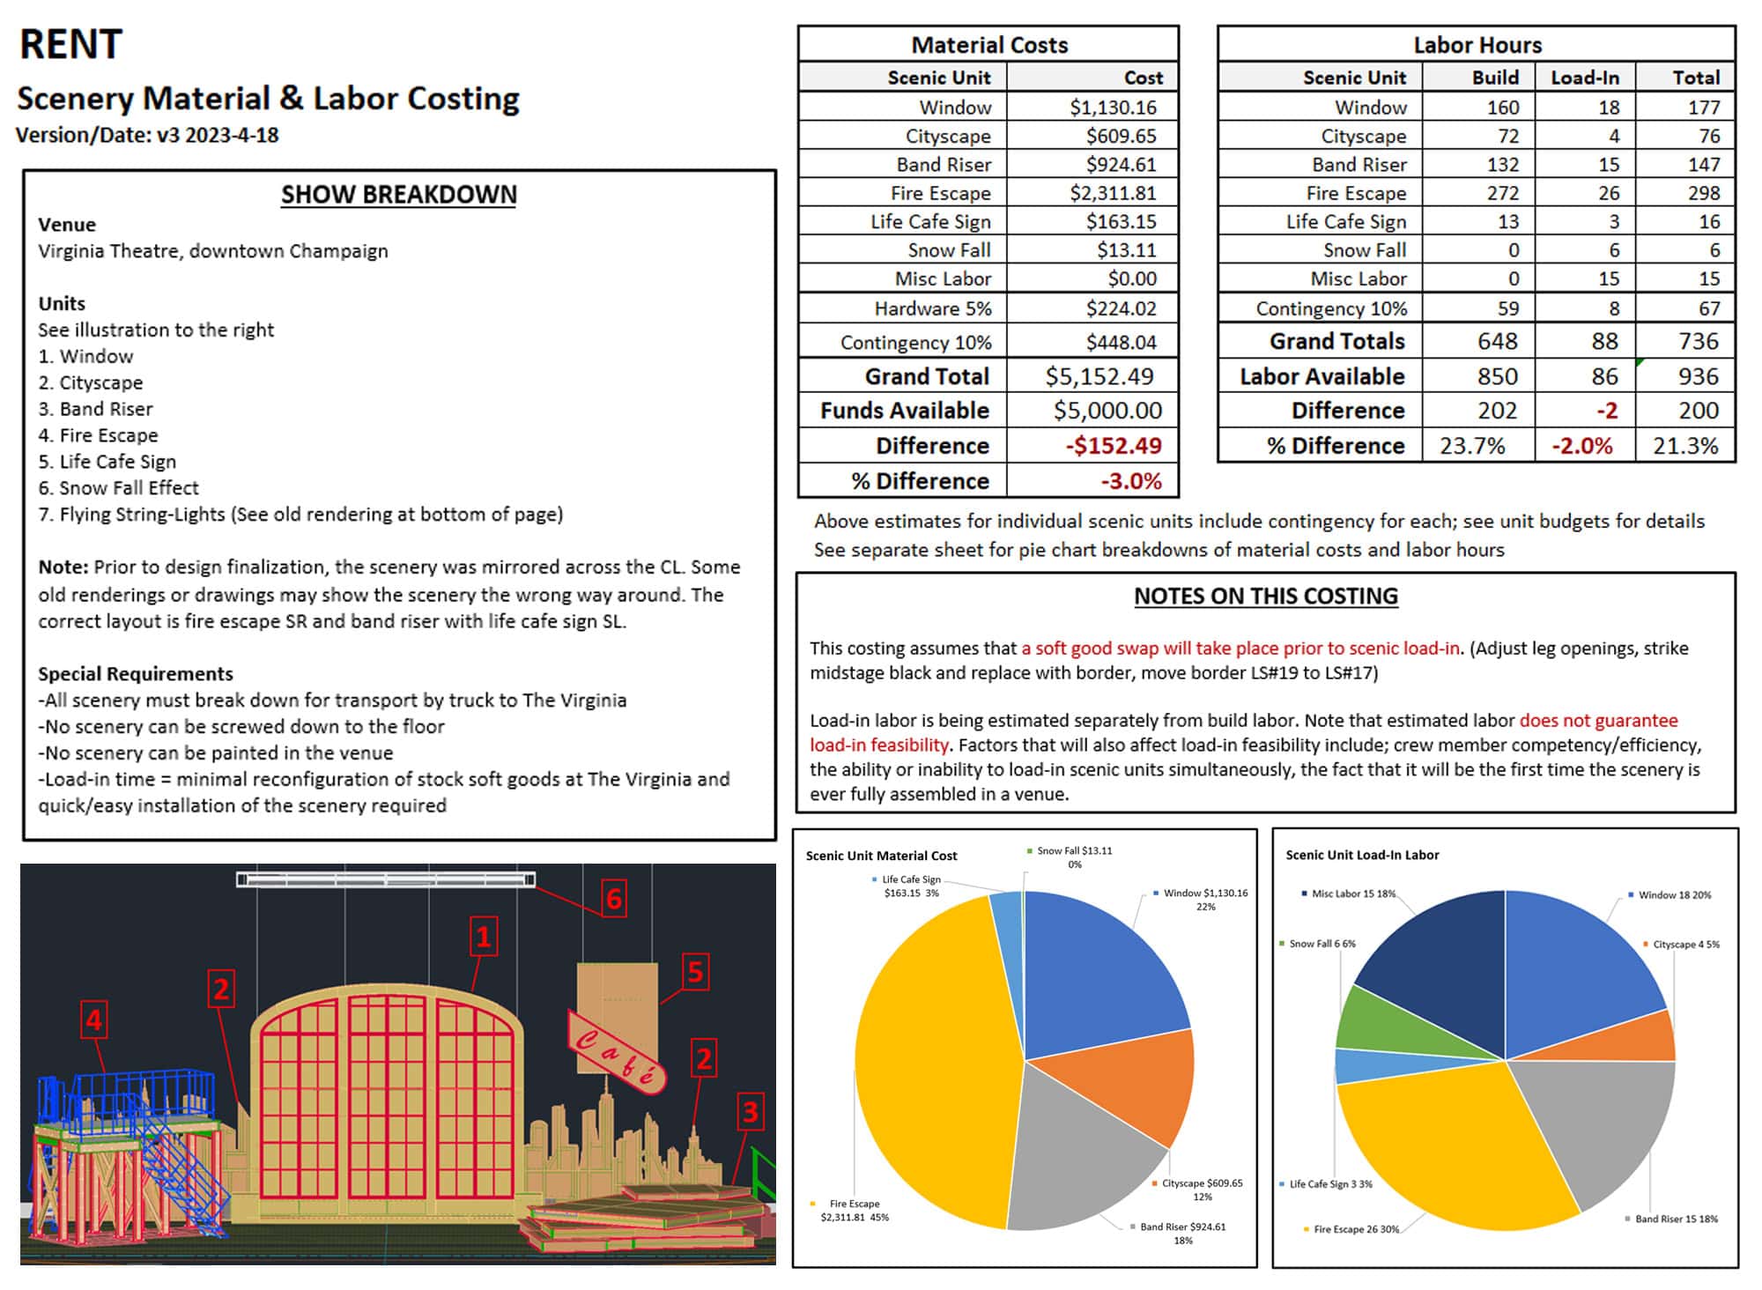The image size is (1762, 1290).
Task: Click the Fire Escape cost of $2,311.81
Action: [x=1112, y=193]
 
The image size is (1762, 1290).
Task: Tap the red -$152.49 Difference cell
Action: [x=1114, y=446]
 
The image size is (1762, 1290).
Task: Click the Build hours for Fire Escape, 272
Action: [x=1502, y=193]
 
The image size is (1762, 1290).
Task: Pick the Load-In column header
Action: [x=1584, y=78]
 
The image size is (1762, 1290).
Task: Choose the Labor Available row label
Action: [x=1321, y=376]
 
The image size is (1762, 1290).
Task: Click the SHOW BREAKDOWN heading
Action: [x=398, y=195]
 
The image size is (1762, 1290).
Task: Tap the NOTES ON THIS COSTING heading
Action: [x=1265, y=597]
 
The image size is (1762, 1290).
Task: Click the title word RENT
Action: [x=70, y=44]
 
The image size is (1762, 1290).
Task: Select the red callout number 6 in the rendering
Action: [x=614, y=899]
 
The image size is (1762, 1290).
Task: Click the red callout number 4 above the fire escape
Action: [x=94, y=1020]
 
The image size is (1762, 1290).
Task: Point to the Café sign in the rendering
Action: [x=616, y=1051]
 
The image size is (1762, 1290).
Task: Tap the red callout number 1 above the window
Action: [x=483, y=936]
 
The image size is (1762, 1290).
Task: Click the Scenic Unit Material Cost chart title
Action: [x=881, y=856]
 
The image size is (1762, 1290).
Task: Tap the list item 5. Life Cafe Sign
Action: [x=107, y=462]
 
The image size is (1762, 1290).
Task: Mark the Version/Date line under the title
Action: [x=147, y=136]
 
